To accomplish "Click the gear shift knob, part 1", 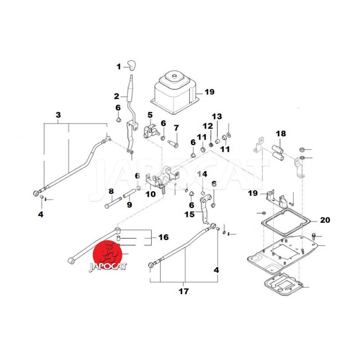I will pos(131,64).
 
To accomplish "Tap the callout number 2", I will pos(117,96).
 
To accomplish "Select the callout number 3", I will pos(58,115).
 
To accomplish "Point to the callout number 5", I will pos(150,115).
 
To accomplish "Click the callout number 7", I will pos(176,128).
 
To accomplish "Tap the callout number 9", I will pos(129,205).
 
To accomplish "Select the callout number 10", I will pos(150,194).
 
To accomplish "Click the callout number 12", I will pos(207,126).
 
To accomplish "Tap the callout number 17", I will pos(183,291).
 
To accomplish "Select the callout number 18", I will pos(281,134).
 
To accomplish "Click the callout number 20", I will pos(324,220).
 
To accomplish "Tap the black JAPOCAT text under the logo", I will pos(108,266).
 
